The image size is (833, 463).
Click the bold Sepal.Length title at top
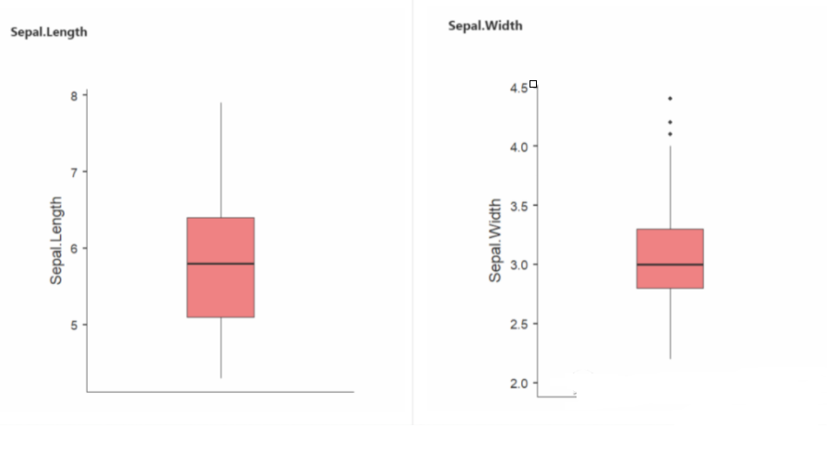[x=49, y=32]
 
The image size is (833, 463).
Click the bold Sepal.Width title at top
[x=485, y=26]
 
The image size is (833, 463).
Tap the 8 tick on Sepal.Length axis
[x=74, y=95]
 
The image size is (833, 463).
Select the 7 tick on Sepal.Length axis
[x=74, y=172]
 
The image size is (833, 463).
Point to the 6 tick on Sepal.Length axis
[x=74, y=248]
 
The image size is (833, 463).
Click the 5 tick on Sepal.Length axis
[x=74, y=325]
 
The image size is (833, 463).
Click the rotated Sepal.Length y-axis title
[x=56, y=240]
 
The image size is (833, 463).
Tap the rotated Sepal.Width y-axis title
[x=495, y=240]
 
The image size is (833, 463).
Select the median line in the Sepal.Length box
[x=220, y=264]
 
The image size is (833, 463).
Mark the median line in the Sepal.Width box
[x=670, y=265]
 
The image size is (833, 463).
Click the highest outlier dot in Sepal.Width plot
[x=670, y=99]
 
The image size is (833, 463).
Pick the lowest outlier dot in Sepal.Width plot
[x=670, y=134]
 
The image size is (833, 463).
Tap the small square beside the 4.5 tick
[x=533, y=84]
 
